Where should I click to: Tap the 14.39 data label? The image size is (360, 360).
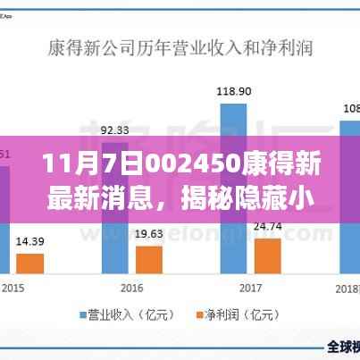30,241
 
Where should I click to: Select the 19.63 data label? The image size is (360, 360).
147,234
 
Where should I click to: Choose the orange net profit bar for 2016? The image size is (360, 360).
147,259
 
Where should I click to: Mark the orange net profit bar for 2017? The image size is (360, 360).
266,255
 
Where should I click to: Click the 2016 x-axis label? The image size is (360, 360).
131,289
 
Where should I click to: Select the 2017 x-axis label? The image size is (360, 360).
250,289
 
